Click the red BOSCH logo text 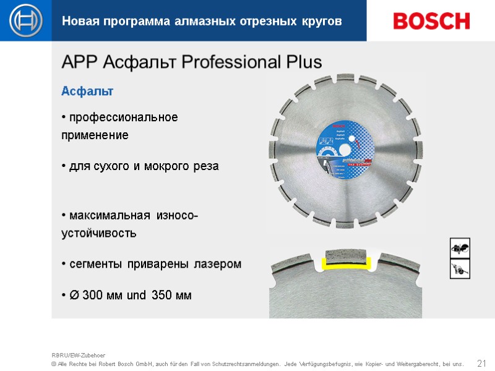pyautogui.click(x=431, y=21)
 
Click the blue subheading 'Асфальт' pyautogui.click(x=87, y=92)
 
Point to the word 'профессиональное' pyautogui.click(x=123, y=117)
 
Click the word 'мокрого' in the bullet pyautogui.click(x=166, y=167)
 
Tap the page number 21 pyautogui.click(x=482, y=362)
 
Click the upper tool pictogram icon pyautogui.click(x=460, y=248)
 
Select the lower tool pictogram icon pyautogui.click(x=460, y=269)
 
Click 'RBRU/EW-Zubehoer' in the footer pyautogui.click(x=79, y=356)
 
